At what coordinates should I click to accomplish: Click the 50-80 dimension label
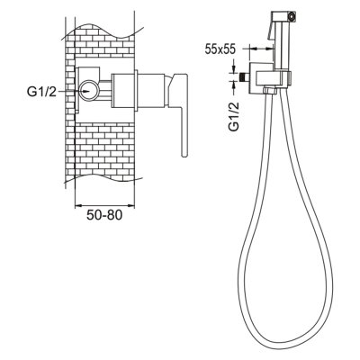[x=104, y=215]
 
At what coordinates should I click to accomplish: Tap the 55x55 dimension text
[x=220, y=49]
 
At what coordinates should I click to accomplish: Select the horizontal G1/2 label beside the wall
[x=41, y=92]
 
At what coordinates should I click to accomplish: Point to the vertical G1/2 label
[x=234, y=116]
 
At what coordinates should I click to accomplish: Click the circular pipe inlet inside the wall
[x=88, y=91]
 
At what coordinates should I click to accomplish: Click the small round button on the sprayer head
[x=291, y=15]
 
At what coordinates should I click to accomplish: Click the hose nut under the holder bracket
[x=269, y=90]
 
